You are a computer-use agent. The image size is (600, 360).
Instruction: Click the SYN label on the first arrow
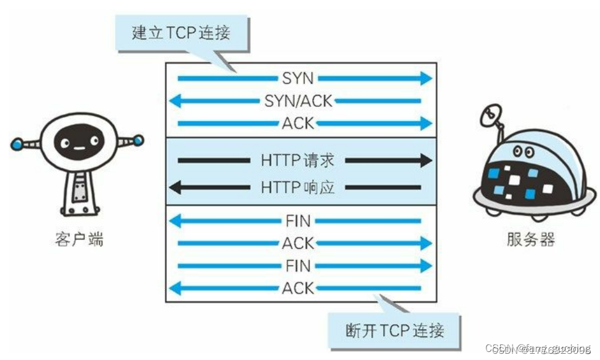298,78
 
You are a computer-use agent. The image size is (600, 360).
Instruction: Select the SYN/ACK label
298,101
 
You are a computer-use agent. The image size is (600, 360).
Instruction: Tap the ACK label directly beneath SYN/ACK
298,123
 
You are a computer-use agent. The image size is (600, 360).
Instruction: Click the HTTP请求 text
298,161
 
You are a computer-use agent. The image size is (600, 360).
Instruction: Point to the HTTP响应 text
298,187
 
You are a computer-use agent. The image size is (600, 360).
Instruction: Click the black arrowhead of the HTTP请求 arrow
425,161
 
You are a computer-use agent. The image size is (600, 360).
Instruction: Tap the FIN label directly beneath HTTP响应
298,220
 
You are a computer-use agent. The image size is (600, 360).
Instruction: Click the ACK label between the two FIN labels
298,243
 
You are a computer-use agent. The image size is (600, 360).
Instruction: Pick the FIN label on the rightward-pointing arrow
298,266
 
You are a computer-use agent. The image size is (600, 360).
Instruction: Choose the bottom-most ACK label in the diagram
298,288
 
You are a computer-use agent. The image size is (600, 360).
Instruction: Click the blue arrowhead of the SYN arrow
425,78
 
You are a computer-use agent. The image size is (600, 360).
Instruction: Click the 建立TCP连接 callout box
181,33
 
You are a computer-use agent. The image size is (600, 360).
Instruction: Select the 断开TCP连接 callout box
395,330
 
